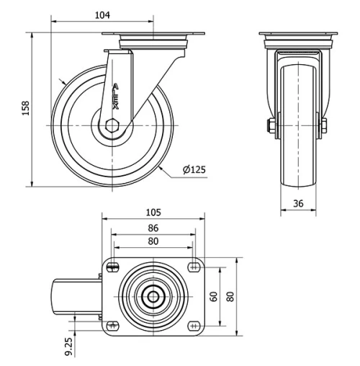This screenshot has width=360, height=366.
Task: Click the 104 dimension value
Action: pyautogui.click(x=102, y=15)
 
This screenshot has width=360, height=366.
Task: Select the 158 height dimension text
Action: pyautogui.click(x=26, y=108)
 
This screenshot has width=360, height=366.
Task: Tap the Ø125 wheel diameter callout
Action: pyautogui.click(x=194, y=170)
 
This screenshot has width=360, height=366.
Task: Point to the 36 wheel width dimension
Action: pyautogui.click(x=297, y=204)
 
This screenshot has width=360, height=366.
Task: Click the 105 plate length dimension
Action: pyautogui.click(x=153, y=213)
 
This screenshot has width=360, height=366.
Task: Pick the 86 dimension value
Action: pyautogui.click(x=153, y=228)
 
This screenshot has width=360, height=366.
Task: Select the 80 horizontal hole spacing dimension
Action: pyautogui.click(x=153, y=241)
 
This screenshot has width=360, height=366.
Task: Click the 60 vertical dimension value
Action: pyautogui.click(x=214, y=296)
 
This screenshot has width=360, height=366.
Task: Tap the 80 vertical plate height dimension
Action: pyautogui.click(x=231, y=296)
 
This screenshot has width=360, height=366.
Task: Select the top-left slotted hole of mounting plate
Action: pyautogui.click(x=112, y=268)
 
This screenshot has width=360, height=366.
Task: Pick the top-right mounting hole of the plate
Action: pyautogui.click(x=194, y=267)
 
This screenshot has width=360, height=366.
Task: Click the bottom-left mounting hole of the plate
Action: pyautogui.click(x=112, y=325)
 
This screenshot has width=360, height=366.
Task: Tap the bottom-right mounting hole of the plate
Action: pyautogui.click(x=194, y=325)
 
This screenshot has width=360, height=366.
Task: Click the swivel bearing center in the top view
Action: pyautogui.click(x=153, y=296)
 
